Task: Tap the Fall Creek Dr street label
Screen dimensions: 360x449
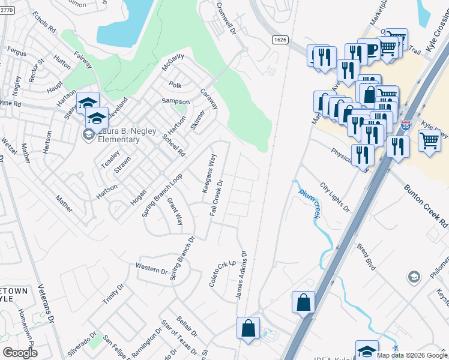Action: point(217,198)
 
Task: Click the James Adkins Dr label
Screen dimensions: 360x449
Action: point(242,275)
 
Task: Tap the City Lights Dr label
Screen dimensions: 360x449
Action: point(335,197)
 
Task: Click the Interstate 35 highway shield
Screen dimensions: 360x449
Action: point(406,126)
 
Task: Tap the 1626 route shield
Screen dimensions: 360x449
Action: point(280,40)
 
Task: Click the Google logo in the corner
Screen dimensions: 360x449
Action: point(20,352)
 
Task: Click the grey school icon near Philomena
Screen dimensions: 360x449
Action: point(414,277)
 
